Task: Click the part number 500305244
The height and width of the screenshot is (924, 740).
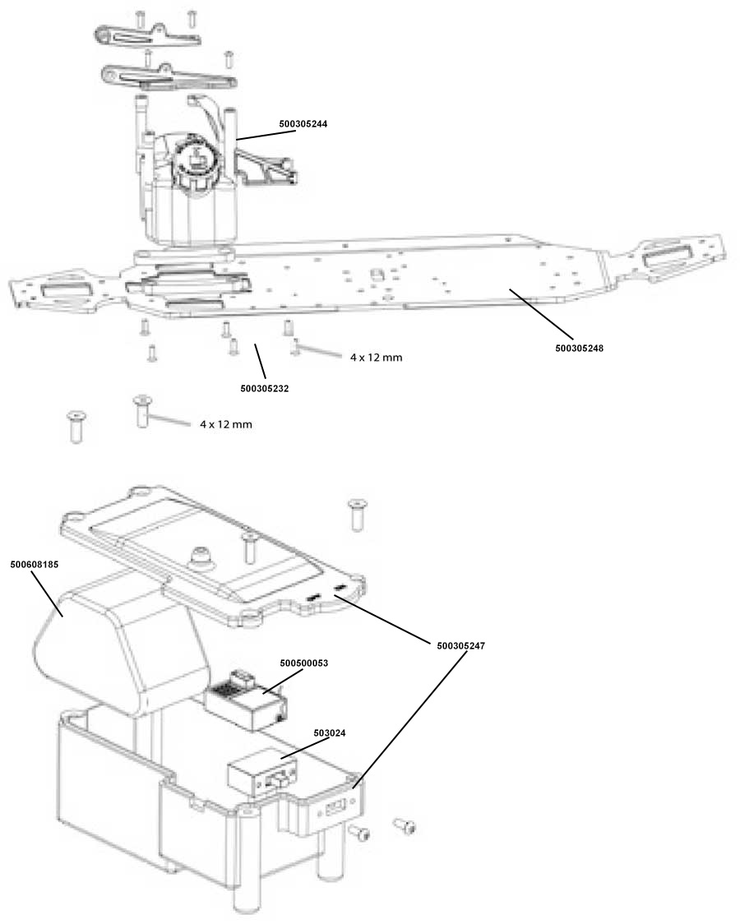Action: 303,124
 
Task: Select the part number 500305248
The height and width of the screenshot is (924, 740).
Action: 579,349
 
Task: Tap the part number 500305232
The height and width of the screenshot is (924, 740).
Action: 265,389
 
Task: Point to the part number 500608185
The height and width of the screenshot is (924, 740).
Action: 35,564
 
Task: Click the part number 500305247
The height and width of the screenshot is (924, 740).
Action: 460,646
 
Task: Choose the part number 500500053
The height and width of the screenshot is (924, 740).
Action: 304,663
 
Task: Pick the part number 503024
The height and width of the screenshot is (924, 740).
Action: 330,733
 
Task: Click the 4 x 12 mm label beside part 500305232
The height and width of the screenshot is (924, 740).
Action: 376,357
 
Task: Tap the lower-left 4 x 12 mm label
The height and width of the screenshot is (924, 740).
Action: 225,424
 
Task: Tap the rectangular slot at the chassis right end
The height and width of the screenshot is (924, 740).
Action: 668,256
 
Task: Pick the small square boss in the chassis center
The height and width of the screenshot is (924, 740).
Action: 375,275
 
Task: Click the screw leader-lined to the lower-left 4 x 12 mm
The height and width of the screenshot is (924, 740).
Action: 141,411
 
